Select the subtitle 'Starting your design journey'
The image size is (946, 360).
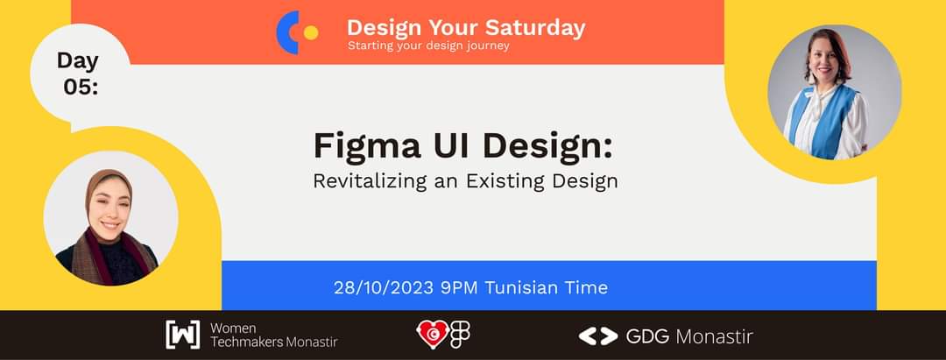coord(427,46)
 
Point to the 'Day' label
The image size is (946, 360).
coord(78,60)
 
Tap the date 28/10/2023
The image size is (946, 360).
coord(384,287)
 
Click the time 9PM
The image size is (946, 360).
coord(460,287)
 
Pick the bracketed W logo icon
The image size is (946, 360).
coord(182,335)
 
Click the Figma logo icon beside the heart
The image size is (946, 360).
coord(460,335)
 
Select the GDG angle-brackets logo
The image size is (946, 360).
coord(597,335)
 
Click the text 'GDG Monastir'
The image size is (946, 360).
coord(688,336)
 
